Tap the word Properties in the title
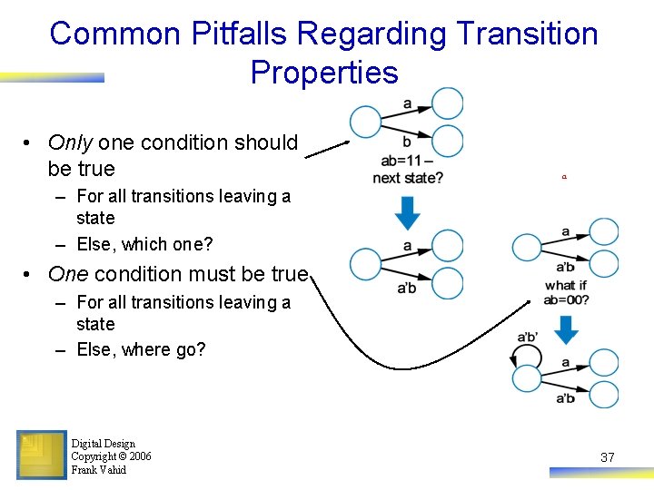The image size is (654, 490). (324, 72)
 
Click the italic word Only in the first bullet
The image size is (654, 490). (70, 142)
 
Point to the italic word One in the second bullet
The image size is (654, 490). (68, 274)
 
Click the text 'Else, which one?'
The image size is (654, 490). (144, 244)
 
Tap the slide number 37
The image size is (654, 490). (608, 457)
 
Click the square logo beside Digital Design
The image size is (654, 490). (41, 454)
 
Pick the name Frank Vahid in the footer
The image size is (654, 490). (98, 470)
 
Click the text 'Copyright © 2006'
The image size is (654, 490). (111, 456)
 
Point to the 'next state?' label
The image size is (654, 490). (408, 178)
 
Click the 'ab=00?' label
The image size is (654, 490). (567, 299)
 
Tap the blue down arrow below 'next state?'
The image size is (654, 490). (408, 212)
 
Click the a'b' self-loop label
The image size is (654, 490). (527, 338)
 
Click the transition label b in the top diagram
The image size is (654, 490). (406, 142)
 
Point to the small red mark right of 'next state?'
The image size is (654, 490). (563, 179)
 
